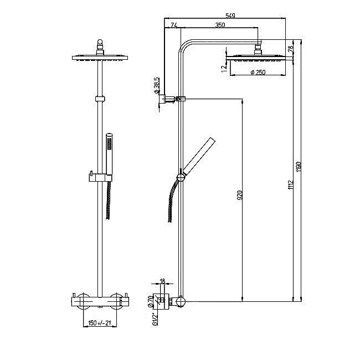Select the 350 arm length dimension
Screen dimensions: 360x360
(x=220, y=25)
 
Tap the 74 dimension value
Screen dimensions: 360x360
(x=173, y=25)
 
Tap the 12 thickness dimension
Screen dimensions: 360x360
(x=223, y=67)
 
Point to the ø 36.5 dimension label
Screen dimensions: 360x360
(x=157, y=85)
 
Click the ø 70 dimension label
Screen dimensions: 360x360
(x=150, y=301)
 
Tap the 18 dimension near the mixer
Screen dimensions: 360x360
(x=162, y=281)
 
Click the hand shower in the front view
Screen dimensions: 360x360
(x=109, y=152)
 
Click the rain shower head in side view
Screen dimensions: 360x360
(x=258, y=57)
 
